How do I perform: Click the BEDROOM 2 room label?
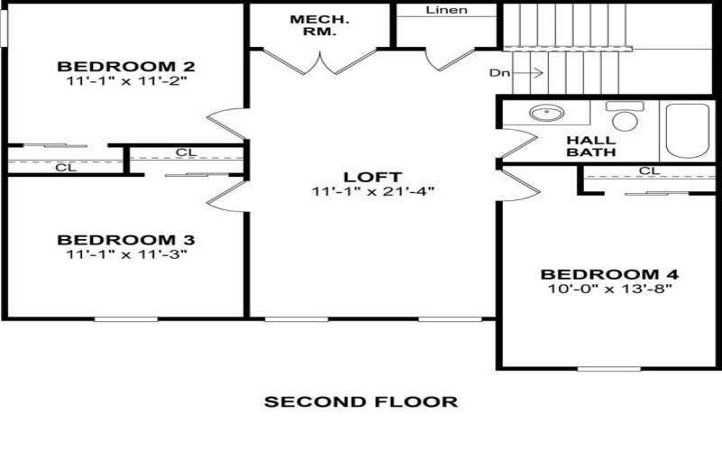click(127, 66)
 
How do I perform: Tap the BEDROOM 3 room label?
click(126, 240)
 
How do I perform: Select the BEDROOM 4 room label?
click(609, 274)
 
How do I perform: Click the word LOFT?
click(372, 177)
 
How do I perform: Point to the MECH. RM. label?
click(313, 25)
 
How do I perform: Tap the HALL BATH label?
click(591, 146)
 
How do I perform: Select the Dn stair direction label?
click(499, 72)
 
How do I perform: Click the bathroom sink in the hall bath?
click(544, 115)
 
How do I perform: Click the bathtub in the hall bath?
click(688, 131)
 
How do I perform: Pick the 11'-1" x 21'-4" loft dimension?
click(372, 191)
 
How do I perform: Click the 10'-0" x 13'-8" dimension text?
click(609, 289)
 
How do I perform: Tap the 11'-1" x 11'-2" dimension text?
click(127, 80)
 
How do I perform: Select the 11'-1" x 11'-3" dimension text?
click(126, 254)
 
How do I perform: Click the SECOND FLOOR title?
click(361, 400)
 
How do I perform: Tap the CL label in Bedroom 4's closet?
click(648, 171)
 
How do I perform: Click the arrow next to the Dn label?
click(531, 72)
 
